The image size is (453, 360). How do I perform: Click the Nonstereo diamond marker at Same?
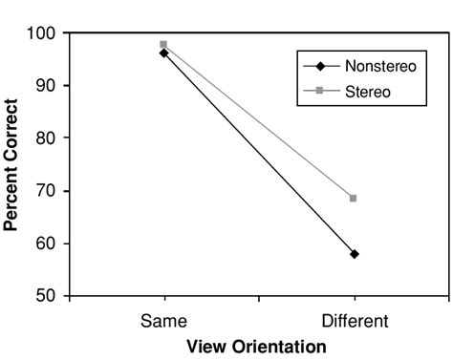[x=163, y=53]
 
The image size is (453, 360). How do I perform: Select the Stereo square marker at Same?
[x=163, y=44]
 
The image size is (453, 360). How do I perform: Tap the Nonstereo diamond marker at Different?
[x=355, y=254]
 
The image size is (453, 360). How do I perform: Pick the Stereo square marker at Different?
[x=354, y=198]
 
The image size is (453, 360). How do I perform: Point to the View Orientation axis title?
[x=255, y=347]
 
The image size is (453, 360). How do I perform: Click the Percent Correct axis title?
[x=12, y=165]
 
